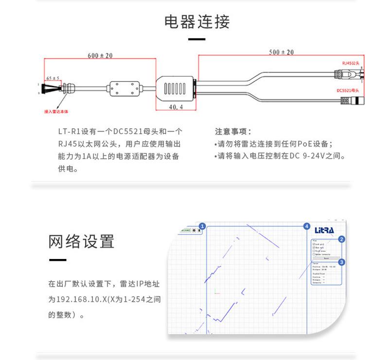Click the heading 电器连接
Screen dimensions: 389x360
[x=196, y=22]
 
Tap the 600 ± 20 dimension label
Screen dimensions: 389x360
[x=100, y=56]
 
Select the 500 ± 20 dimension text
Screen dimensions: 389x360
[x=282, y=52]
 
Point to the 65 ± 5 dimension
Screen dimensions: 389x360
[x=53, y=78]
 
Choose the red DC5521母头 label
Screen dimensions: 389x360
[x=348, y=90]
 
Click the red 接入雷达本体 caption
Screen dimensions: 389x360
[x=56, y=111]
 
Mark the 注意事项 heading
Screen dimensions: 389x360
[x=233, y=131]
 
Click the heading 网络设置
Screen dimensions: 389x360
[x=81, y=241]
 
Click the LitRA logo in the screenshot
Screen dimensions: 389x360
[x=324, y=229]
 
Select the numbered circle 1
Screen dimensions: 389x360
[x=203, y=226]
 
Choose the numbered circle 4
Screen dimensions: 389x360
[x=307, y=226]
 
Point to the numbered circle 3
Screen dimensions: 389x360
[x=342, y=262]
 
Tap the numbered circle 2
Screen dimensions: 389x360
[x=342, y=239]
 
